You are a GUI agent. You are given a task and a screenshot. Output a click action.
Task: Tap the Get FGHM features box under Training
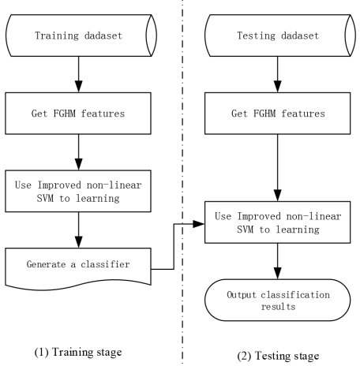[78, 114]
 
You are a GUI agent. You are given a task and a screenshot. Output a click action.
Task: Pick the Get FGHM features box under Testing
[278, 114]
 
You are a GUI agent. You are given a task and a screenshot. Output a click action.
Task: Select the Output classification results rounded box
[278, 300]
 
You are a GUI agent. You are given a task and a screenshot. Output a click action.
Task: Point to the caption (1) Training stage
[78, 352]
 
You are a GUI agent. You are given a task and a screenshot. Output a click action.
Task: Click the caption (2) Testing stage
[278, 356]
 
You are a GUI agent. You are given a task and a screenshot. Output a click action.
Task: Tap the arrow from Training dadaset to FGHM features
[79, 74]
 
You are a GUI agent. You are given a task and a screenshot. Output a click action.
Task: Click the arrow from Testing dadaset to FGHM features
[278, 74]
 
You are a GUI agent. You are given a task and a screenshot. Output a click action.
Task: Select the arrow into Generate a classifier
[79, 230]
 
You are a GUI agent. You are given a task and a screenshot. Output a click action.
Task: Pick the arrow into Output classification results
[278, 261]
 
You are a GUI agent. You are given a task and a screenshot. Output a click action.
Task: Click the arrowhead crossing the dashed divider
[199, 224]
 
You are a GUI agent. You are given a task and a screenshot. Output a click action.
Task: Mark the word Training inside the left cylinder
[57, 35]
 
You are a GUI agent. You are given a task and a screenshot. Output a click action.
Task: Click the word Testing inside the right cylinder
[257, 35]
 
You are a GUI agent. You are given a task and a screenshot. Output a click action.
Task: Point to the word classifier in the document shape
[105, 264]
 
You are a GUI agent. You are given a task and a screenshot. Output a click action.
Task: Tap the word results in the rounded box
[278, 307]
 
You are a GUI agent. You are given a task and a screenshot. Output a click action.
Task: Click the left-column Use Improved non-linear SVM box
[78, 191]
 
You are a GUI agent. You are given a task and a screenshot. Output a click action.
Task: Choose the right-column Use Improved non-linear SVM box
[278, 222]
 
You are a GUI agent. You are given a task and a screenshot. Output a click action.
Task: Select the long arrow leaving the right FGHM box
[278, 168]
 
